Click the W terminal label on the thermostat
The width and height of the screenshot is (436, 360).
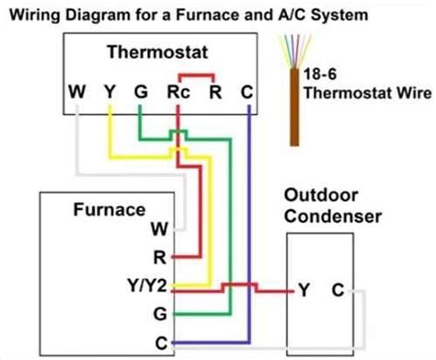77,91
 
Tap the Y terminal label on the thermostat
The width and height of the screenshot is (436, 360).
109,91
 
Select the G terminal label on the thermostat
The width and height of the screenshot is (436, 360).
141,91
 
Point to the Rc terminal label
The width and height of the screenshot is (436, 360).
178,92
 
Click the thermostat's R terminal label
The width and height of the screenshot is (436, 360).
215,92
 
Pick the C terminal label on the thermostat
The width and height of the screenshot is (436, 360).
247,92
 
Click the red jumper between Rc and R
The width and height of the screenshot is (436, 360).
197,75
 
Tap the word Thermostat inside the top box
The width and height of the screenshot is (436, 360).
157,52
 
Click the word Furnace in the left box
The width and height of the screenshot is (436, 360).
109,210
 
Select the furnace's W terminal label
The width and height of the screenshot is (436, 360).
159,228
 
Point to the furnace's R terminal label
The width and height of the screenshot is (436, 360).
160,257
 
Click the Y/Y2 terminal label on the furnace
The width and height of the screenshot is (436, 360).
147,285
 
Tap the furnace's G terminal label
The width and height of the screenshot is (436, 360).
160,314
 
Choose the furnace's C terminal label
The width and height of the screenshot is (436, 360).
161,343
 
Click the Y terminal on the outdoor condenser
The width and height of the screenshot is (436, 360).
304,290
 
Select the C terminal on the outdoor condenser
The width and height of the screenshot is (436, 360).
338,290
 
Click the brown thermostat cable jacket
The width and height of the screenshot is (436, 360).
294,107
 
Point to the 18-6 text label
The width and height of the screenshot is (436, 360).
320,74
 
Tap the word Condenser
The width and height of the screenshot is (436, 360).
333,216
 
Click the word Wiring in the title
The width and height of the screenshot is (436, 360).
35,16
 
